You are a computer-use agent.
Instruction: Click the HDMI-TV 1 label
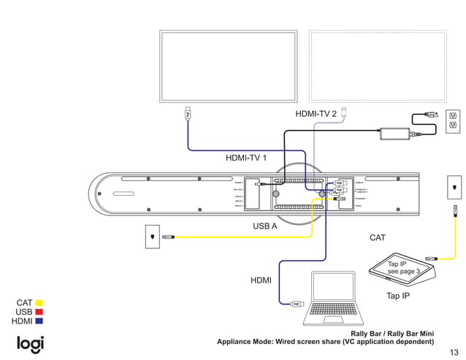[245, 157]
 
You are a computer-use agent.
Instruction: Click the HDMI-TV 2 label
[316, 114]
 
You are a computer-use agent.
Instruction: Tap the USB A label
[264, 226]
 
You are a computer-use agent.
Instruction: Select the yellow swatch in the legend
[39, 302]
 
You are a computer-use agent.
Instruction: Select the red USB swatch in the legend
[39, 312]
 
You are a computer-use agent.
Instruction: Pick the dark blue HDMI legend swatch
[39, 321]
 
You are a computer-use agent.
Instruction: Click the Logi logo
[31, 344]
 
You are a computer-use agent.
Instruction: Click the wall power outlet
[453, 120]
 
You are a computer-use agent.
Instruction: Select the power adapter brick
[394, 134]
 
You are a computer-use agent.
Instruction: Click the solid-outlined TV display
[229, 66]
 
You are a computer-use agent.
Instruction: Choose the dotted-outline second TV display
[378, 66]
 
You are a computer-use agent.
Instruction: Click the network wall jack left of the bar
[151, 237]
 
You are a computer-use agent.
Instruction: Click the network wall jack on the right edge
[454, 188]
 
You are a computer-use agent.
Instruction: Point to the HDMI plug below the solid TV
[188, 114]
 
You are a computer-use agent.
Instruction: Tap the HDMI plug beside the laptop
[297, 304]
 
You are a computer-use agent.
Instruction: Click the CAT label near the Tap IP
[378, 238]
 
